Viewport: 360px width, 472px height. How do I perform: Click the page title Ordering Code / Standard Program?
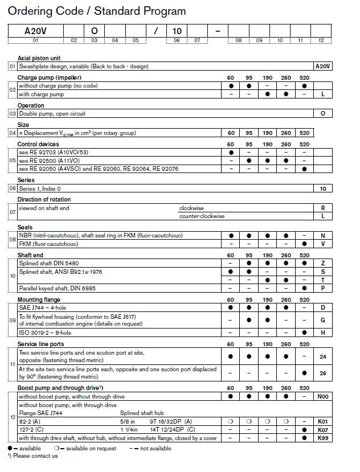[x=97, y=11]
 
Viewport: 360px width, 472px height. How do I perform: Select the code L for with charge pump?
[x=323, y=95]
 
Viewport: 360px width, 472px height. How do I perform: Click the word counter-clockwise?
[x=202, y=216]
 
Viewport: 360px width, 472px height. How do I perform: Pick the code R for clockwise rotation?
[x=323, y=208]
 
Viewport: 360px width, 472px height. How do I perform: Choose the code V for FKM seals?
[x=323, y=244]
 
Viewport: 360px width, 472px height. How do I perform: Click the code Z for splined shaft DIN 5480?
[x=323, y=264]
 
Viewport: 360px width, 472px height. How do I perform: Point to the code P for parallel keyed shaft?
[x=323, y=288]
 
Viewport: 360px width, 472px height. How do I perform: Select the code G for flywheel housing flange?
[x=323, y=320]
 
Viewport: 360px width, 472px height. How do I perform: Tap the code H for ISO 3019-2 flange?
[x=323, y=333]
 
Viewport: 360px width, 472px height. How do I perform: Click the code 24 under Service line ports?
[x=323, y=356]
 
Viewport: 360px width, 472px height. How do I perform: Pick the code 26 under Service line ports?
[x=323, y=373]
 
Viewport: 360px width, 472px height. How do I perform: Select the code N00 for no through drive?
[x=323, y=396]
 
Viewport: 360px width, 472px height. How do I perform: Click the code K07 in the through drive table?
[x=323, y=429]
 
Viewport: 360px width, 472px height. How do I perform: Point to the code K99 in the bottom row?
[x=323, y=438]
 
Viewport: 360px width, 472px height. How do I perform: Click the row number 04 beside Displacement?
[x=12, y=133]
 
